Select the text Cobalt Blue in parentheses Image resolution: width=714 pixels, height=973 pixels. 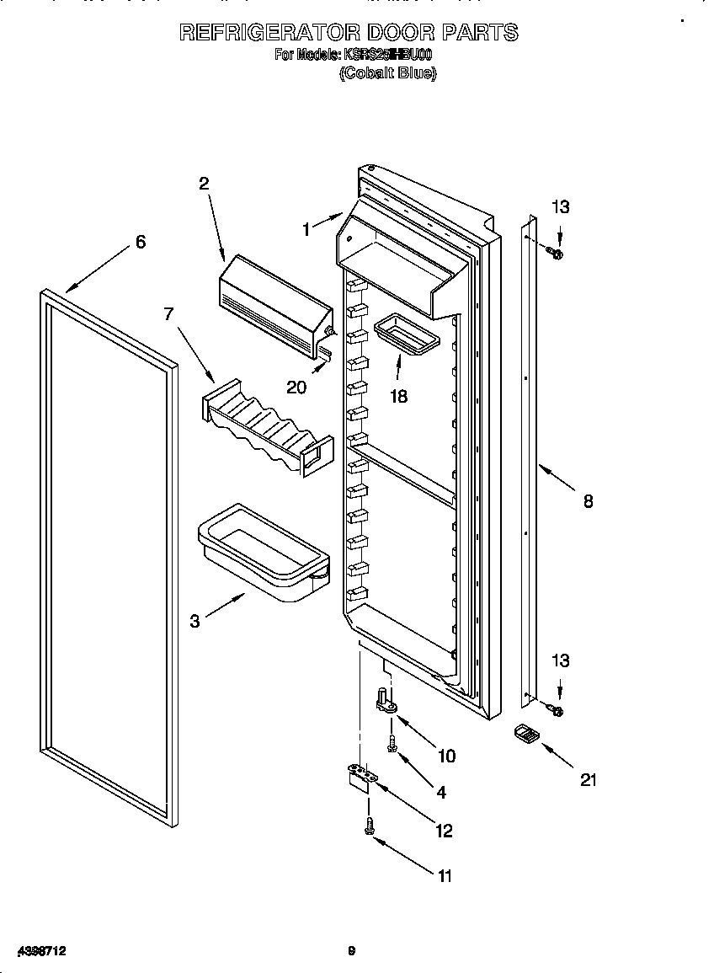point(387,73)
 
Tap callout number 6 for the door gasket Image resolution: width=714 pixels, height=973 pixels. point(141,242)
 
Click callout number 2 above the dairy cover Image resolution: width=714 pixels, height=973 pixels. point(204,184)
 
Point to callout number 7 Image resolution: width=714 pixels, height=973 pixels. point(168,314)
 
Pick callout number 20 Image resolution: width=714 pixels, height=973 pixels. point(296,387)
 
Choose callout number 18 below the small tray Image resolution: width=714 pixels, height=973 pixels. point(398,396)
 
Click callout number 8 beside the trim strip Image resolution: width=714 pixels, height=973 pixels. point(588,501)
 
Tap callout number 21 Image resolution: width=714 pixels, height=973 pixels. point(588,780)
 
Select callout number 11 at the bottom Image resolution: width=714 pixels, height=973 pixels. point(445,876)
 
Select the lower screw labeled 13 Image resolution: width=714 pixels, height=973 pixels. point(557,711)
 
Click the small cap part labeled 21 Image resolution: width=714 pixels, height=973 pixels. point(525,734)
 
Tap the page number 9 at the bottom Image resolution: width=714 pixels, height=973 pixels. point(352,951)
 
